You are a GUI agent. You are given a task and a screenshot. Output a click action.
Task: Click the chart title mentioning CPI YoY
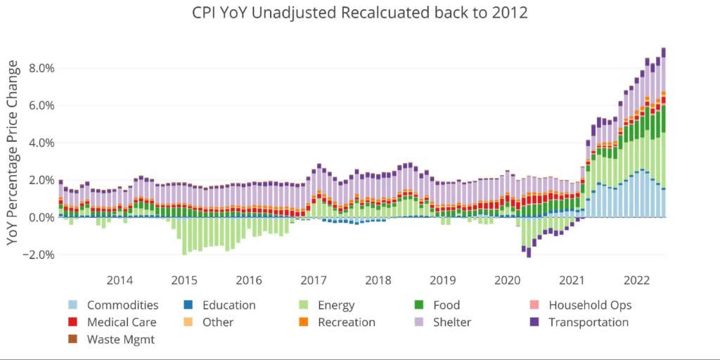360,13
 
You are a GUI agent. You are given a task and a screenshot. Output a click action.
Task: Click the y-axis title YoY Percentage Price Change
13,153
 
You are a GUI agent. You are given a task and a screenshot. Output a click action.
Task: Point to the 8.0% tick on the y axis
41,68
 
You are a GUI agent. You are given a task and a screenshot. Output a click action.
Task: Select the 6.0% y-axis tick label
41,105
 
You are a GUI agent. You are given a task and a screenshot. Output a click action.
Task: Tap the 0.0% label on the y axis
41,217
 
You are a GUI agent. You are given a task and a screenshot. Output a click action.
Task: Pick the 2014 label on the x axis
120,280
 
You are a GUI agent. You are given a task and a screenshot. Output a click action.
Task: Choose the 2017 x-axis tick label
314,280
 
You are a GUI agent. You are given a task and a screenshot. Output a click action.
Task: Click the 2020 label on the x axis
508,280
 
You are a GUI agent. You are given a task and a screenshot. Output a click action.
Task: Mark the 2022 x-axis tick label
637,280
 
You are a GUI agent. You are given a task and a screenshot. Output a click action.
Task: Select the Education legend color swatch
188,305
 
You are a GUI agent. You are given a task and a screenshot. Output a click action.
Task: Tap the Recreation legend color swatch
304,322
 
